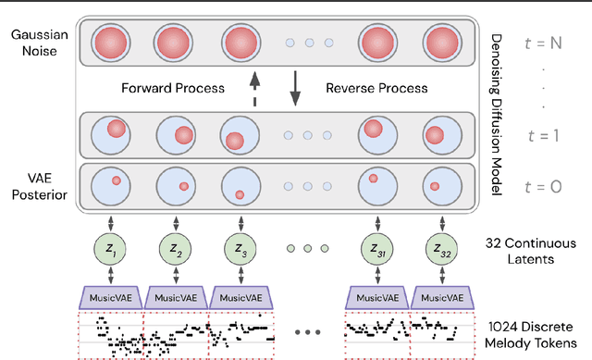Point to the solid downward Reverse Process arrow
coord(297,90)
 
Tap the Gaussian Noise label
coord(34,42)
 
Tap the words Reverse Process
coord(376,90)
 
